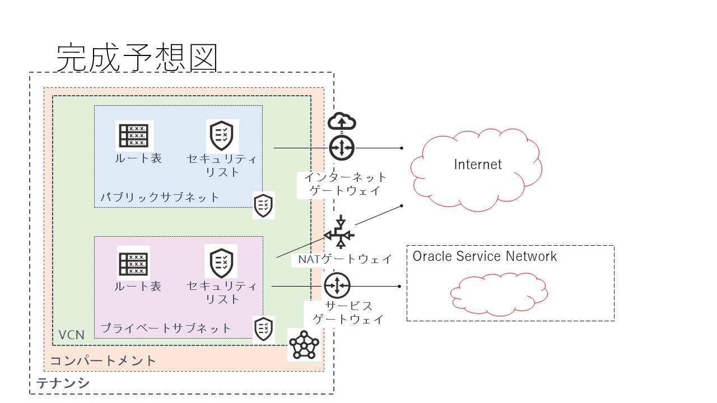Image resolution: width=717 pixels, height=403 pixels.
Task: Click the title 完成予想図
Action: [x=137, y=58]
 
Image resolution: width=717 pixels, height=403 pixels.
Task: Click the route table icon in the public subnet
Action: [x=134, y=135]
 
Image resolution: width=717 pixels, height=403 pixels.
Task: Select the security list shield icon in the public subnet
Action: [x=222, y=135]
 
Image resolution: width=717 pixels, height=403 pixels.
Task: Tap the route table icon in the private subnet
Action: [x=133, y=263]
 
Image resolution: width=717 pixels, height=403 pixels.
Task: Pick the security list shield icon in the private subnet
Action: [x=221, y=261]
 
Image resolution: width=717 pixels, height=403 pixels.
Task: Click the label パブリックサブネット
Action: [x=160, y=198]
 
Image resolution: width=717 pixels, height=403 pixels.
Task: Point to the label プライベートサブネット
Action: [x=165, y=328]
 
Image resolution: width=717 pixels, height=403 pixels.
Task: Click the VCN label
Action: [x=71, y=335]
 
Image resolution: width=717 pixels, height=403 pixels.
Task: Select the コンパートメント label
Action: [x=104, y=360]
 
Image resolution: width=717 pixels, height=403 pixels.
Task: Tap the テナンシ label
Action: [x=63, y=384]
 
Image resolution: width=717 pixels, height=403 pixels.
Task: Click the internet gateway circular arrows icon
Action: [x=342, y=148]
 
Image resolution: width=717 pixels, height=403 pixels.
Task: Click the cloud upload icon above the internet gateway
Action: [x=342, y=121]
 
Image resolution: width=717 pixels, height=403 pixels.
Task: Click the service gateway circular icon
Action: [x=337, y=285]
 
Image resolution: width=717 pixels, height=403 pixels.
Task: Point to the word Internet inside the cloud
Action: [x=478, y=164]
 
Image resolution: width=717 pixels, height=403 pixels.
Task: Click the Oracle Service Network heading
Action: [x=485, y=256]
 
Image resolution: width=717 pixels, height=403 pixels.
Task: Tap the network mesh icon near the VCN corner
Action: [x=304, y=345]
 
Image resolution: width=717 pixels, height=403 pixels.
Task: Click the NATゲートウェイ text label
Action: [x=341, y=259]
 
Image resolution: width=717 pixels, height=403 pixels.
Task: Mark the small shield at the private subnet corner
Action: [x=264, y=329]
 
